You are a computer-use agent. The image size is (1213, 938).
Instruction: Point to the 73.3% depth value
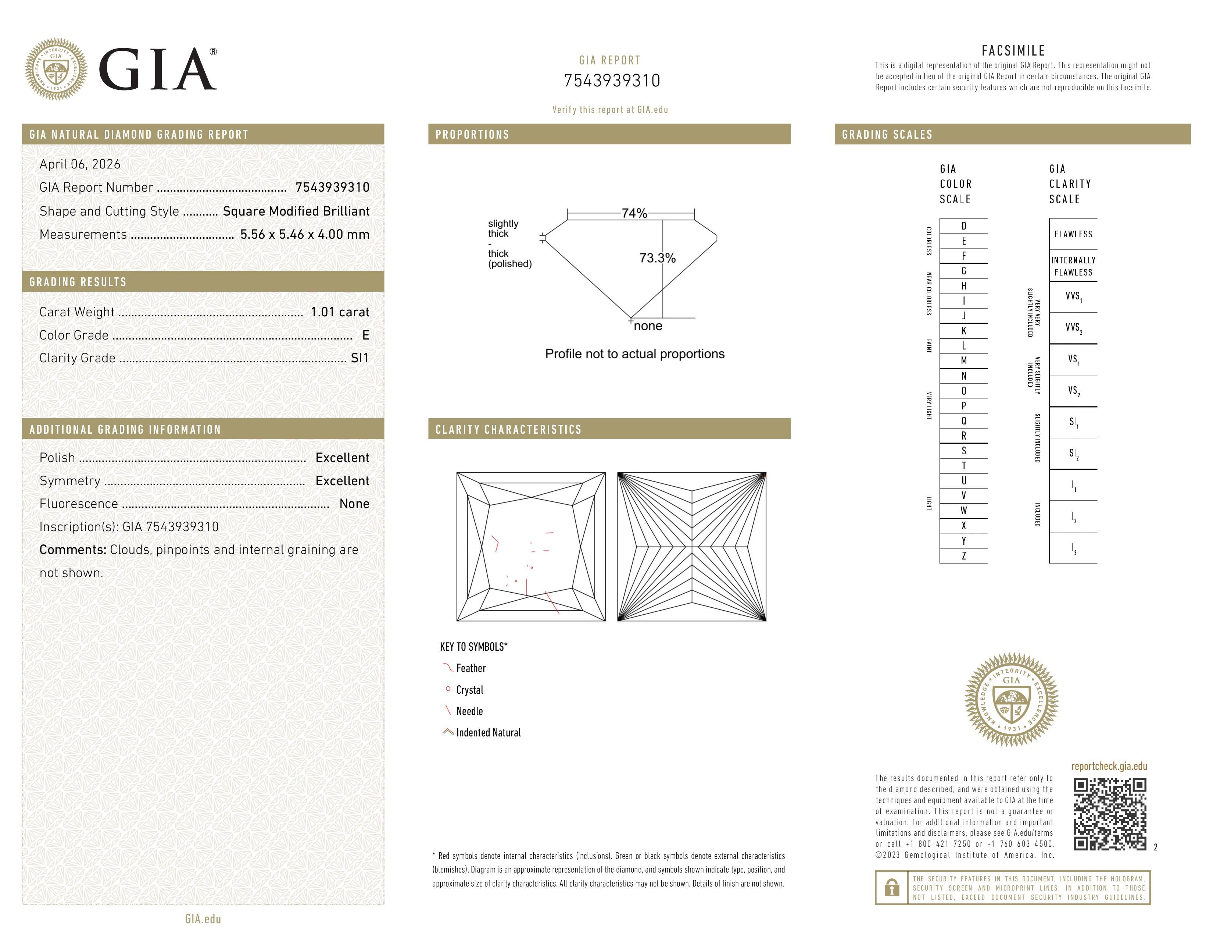tap(657, 258)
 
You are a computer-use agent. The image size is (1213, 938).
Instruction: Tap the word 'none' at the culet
tap(648, 326)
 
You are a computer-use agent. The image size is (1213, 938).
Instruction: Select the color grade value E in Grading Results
tap(365, 335)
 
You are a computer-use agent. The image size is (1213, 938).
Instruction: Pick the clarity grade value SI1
tap(359, 358)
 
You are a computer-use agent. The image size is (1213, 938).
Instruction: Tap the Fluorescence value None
tap(354, 504)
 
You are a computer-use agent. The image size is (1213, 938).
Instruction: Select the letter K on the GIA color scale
tap(964, 331)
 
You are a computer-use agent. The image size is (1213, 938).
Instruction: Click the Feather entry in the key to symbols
tap(470, 668)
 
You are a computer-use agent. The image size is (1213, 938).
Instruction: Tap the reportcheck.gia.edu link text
tap(1109, 766)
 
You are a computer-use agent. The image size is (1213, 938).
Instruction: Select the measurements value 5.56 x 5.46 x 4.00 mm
tap(304, 235)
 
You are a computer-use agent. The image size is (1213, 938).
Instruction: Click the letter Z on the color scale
tap(964, 556)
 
